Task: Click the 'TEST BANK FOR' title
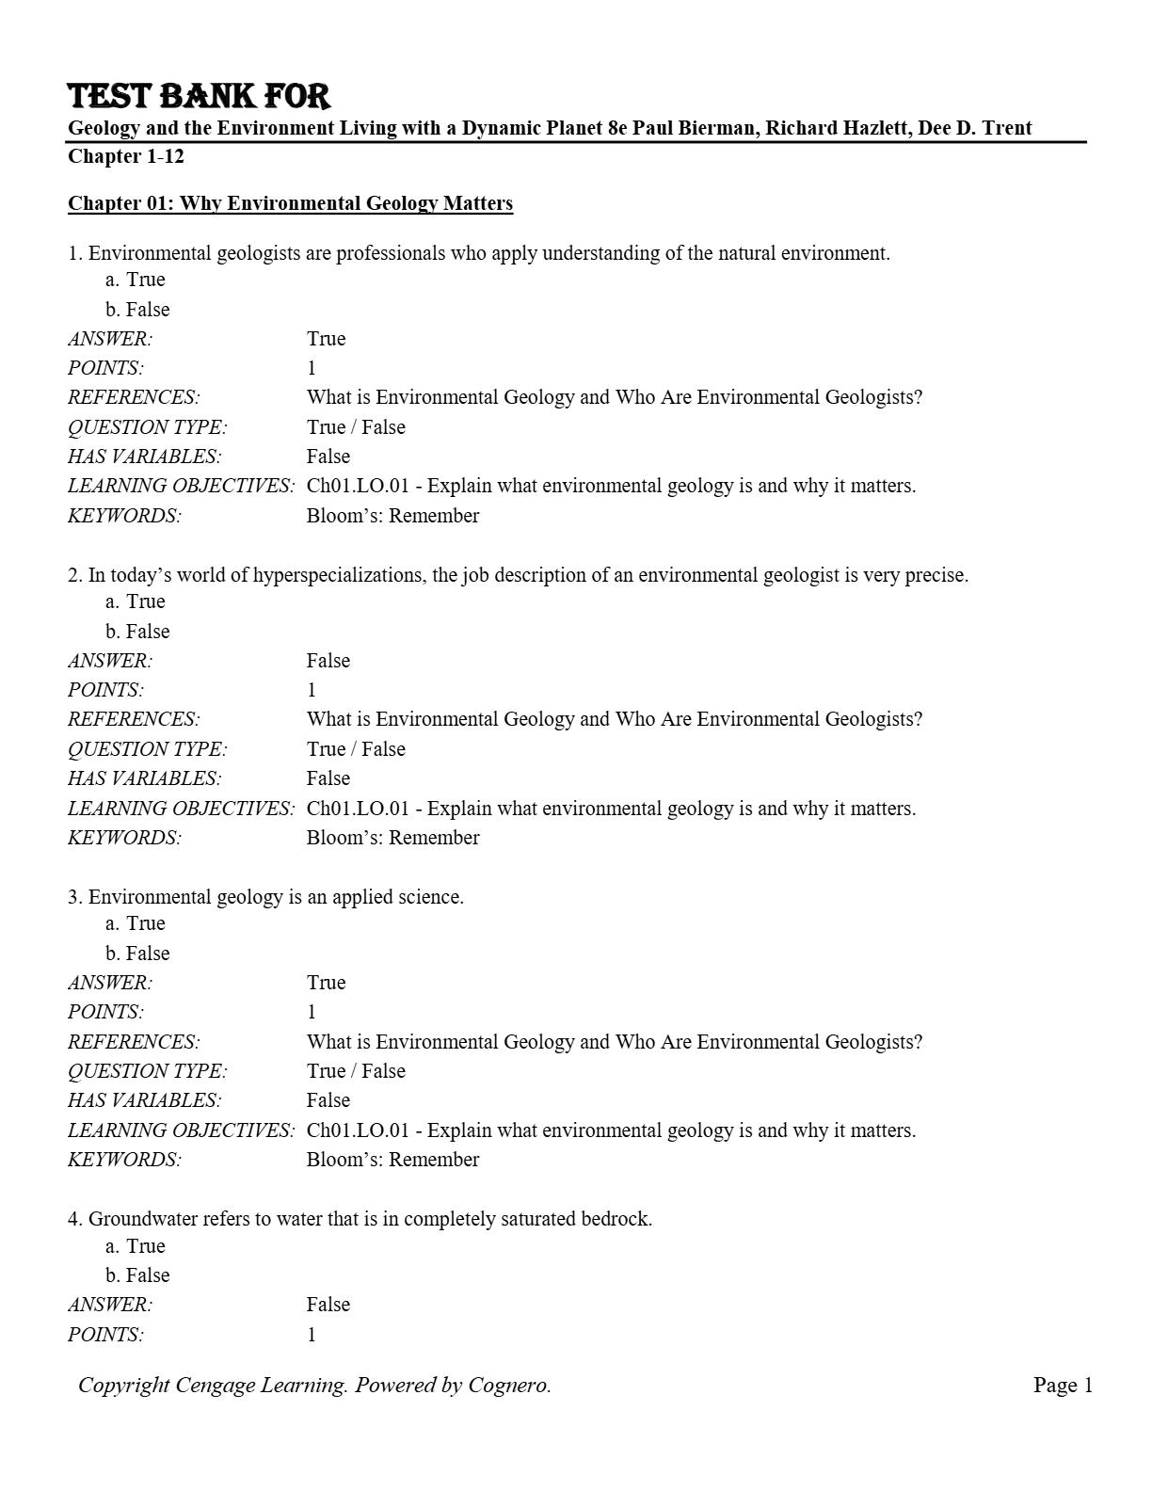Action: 199,96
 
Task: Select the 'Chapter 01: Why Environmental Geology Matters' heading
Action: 290,203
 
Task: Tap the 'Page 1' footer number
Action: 1063,1385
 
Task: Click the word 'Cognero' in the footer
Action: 507,1385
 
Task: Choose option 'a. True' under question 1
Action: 136,280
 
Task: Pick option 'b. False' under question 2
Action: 137,632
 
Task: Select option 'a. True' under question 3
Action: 136,923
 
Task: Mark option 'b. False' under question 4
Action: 137,1275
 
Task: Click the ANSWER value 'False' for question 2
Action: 328,661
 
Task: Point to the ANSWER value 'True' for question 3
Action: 326,983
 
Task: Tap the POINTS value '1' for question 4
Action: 312,1335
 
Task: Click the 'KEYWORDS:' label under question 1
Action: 124,516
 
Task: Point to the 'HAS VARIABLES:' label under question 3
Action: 144,1100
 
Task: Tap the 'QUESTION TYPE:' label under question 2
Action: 147,749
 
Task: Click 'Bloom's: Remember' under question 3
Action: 392,1160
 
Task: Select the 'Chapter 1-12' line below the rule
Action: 126,156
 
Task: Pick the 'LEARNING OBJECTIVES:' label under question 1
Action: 181,487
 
